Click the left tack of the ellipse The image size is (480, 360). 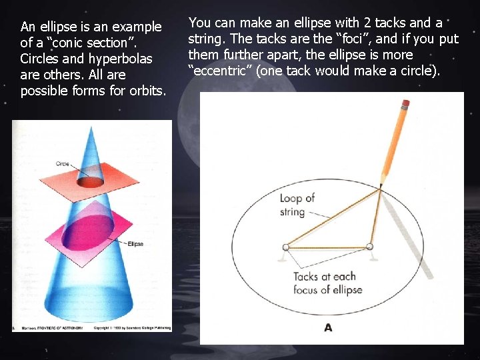(285, 247)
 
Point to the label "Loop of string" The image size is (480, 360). (297, 205)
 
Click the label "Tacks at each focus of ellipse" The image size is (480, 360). (327, 283)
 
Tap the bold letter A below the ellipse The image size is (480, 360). (328, 327)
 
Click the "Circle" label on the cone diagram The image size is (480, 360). (63, 164)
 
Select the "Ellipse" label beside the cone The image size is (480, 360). (135, 244)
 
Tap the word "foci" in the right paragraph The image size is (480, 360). (347, 39)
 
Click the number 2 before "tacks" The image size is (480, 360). (367, 23)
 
